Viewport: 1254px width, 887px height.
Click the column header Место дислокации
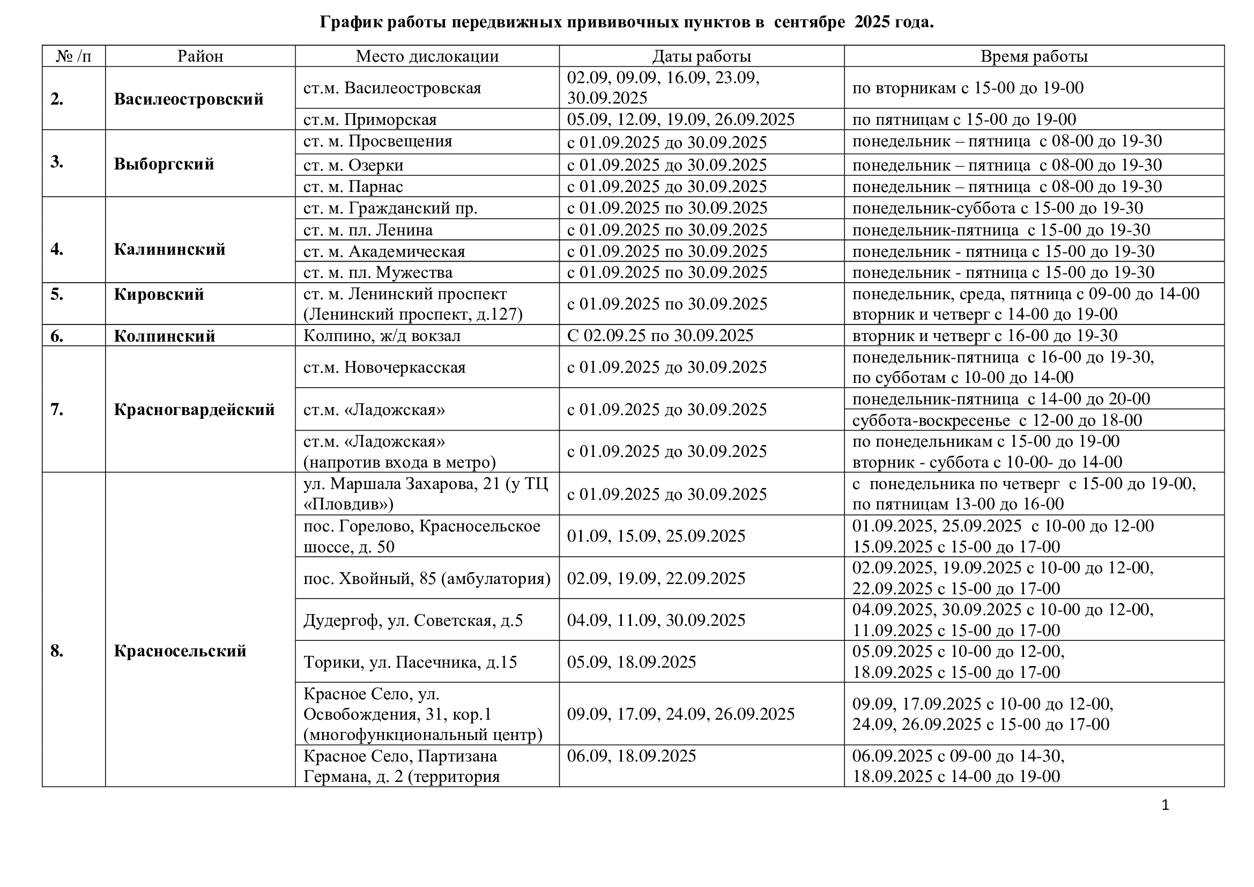pyautogui.click(x=427, y=56)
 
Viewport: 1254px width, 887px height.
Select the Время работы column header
pyautogui.click(x=1034, y=56)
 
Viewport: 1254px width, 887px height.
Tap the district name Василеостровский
pyautogui.click(x=188, y=99)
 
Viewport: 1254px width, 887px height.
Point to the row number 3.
pyautogui.click(x=57, y=162)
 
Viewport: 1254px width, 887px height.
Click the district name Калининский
pyautogui.click(x=169, y=249)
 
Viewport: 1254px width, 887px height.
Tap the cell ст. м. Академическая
pyautogui.click(x=384, y=251)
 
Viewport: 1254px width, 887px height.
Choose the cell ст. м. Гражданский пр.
pyautogui.click(x=390, y=208)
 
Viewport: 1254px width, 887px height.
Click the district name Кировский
pyautogui.click(x=158, y=294)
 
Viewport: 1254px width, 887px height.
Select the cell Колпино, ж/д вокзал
pyautogui.click(x=382, y=335)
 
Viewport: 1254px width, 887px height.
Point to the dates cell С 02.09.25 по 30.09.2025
pyautogui.click(x=660, y=335)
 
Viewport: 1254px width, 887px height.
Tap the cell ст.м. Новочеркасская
pyautogui.click(x=384, y=367)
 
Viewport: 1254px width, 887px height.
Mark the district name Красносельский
pyautogui.click(x=180, y=651)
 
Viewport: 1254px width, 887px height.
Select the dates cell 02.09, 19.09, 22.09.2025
pyautogui.click(x=656, y=579)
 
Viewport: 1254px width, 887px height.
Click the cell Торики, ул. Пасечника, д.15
pyautogui.click(x=410, y=662)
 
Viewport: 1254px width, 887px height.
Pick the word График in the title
pyautogui.click(x=350, y=23)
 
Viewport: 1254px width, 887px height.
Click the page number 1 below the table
pyautogui.click(x=1165, y=805)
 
